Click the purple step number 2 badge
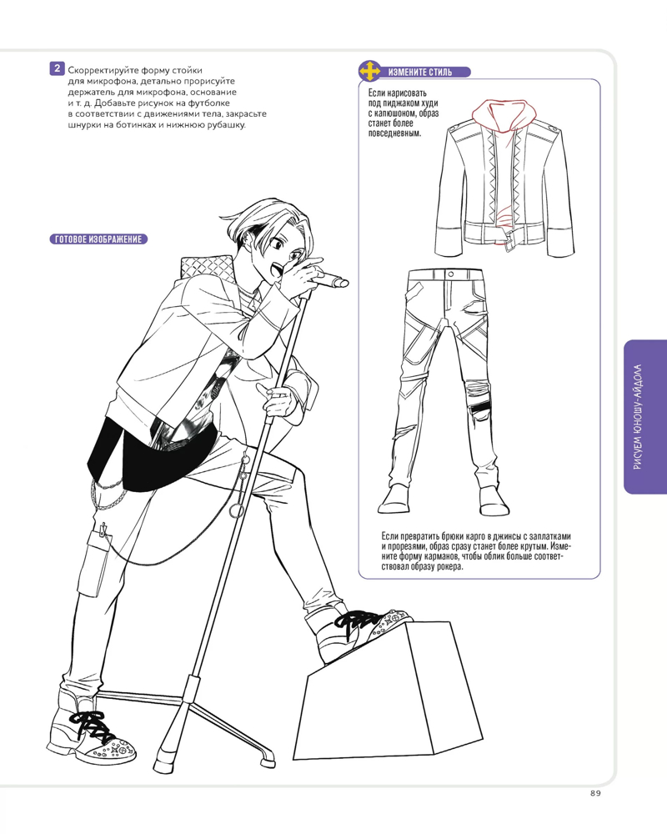pos(57,68)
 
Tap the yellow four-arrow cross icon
pos(369,71)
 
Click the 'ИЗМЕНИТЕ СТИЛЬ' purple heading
pos(420,72)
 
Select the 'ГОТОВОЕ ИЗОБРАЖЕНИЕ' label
pos(98,239)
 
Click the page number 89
pos(595,793)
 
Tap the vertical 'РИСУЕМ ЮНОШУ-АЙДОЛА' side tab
pos(644,416)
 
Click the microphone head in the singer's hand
pos(334,280)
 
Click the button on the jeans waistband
pos(450,274)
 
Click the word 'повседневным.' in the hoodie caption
pos(394,133)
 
